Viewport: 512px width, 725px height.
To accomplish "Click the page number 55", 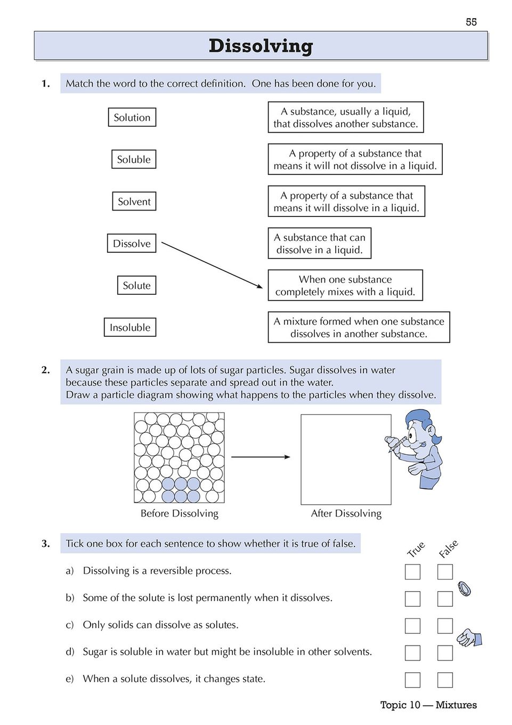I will (471, 22).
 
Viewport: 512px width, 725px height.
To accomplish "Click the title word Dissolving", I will (261, 46).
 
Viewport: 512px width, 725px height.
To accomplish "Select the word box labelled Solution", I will (132, 117).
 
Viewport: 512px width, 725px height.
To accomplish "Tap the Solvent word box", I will (134, 202).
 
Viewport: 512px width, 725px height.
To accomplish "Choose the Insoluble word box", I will (130, 327).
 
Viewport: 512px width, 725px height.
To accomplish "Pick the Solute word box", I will (136, 285).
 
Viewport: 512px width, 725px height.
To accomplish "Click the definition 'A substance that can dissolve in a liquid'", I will (319, 244).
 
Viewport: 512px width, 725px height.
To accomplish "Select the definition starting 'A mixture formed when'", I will (359, 327).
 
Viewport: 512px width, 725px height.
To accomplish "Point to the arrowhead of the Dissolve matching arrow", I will (260, 286).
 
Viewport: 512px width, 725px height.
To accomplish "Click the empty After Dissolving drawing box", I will (346, 460).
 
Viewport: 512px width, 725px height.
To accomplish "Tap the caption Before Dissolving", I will (180, 513).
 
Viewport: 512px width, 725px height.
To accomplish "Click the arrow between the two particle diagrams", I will (261, 457).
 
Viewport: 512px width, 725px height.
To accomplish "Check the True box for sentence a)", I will (412, 571).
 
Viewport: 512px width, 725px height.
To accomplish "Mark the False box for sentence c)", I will (445, 626).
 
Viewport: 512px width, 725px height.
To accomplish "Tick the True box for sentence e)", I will (412, 680).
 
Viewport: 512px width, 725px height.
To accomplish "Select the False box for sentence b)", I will (445, 599).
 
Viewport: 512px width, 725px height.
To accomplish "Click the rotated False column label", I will (448, 549).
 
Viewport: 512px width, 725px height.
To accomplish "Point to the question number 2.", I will (46, 370).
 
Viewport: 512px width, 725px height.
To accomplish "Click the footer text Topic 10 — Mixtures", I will (428, 705).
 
